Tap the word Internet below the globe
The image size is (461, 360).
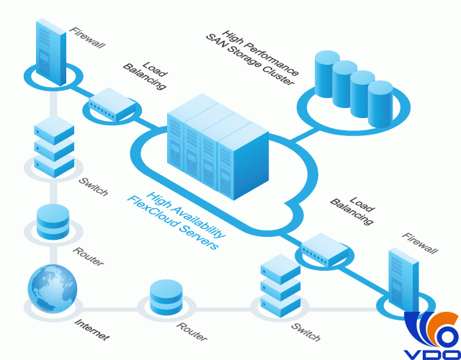pyautogui.click(x=91, y=328)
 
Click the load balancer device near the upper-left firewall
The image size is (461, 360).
pyautogui.click(x=112, y=104)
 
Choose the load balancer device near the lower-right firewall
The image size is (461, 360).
pyautogui.click(x=323, y=247)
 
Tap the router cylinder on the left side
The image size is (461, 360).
pyautogui.click(x=53, y=221)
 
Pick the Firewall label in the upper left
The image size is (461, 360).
pyautogui.click(x=87, y=38)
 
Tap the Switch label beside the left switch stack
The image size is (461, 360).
pyautogui.click(x=94, y=186)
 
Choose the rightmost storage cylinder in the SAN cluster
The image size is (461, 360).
pyautogui.click(x=381, y=103)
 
